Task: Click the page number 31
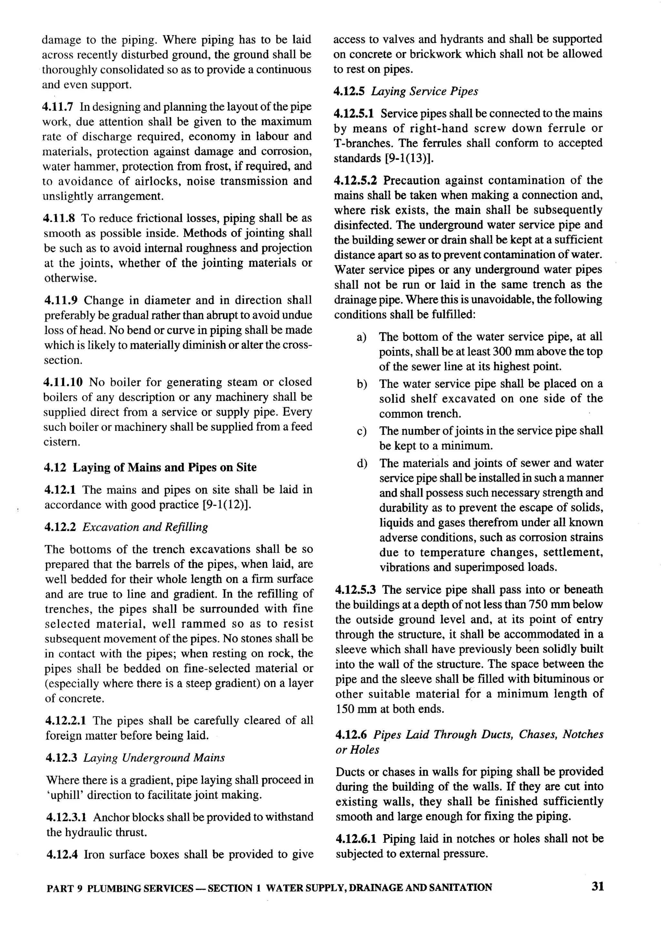[x=597, y=886]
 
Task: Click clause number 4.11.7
[x=58, y=107]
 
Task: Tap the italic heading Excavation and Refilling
[x=145, y=527]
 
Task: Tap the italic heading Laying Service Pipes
[x=424, y=91]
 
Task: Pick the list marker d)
[x=362, y=463]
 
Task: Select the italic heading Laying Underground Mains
[x=154, y=758]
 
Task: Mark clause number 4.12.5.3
[x=355, y=590]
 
